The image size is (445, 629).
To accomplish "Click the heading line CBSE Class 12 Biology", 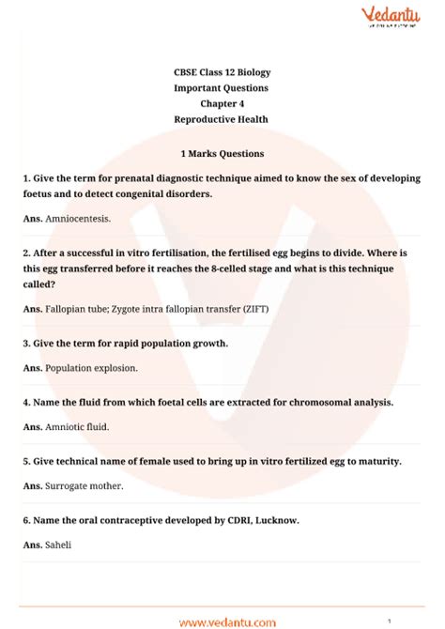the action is click(x=222, y=72).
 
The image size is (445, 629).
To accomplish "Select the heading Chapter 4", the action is click(x=222, y=103).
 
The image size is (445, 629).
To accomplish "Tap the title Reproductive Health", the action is click(x=222, y=119).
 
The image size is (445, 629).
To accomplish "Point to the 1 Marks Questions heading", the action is click(x=222, y=153).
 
